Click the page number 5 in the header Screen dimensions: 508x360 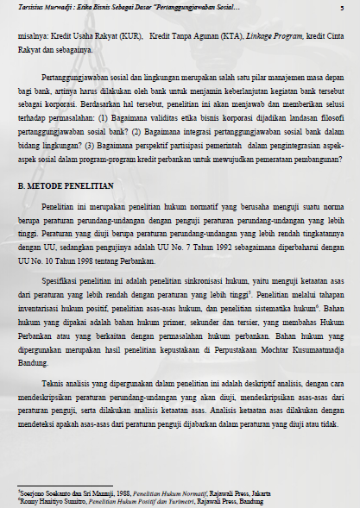343,8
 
